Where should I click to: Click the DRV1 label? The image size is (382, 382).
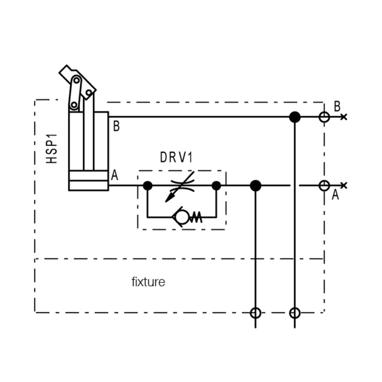coord(176,157)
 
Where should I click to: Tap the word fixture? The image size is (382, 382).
coord(148,282)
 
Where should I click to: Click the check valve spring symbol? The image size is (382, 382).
coord(196,217)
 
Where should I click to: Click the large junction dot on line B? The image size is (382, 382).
coord(295,117)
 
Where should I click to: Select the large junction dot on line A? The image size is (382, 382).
coord(255,186)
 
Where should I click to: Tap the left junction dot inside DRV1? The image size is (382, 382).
coord(147,186)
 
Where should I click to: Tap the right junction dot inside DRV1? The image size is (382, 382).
coord(216,186)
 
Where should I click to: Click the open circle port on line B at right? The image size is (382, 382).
coord(324,117)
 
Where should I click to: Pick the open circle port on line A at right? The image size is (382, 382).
coord(324,186)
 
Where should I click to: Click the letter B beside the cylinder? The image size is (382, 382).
coord(117,126)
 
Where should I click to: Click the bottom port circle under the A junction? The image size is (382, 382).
coord(255,313)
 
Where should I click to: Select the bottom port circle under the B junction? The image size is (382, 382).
coord(295,313)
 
